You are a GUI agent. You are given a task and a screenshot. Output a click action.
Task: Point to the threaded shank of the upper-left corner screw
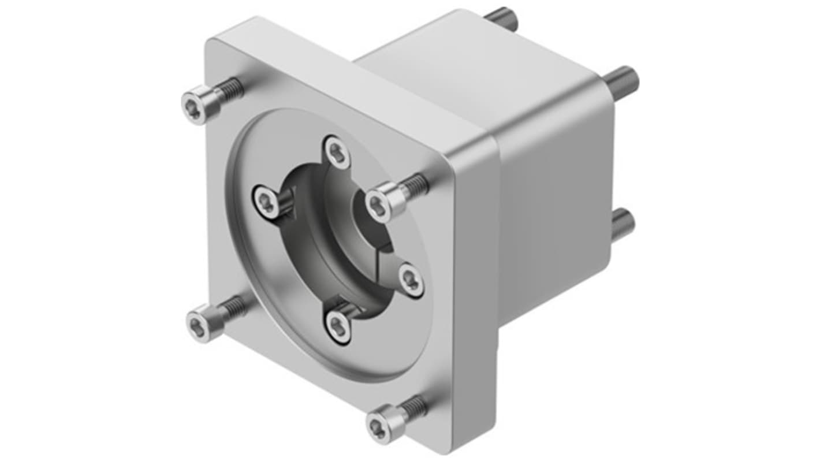click(x=231, y=90)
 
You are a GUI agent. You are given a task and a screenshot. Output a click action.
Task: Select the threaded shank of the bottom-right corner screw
click(x=414, y=408)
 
